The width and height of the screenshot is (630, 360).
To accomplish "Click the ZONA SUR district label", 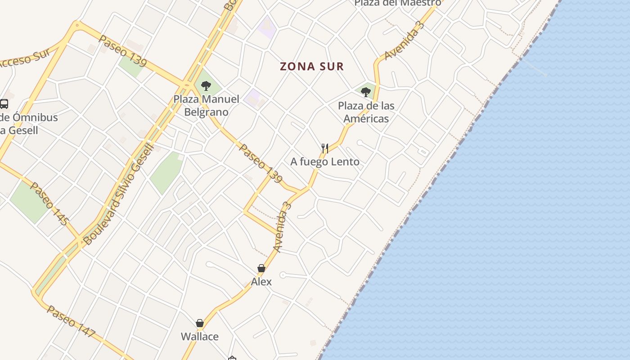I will click(312, 67).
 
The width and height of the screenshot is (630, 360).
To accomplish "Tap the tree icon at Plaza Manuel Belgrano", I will click(206, 85).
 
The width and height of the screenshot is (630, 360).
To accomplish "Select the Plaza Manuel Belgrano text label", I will click(207, 105).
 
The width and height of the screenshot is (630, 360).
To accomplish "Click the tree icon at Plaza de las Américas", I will click(366, 92).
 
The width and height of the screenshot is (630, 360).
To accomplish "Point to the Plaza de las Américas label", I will click(366, 112).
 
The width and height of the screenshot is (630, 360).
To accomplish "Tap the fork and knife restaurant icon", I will click(325, 148).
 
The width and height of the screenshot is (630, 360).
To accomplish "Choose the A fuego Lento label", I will click(325, 162).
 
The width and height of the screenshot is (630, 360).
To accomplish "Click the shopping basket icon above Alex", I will click(261, 268).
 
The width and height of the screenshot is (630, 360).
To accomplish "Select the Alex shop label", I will click(261, 282).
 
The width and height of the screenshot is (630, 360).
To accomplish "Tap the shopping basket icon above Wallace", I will click(200, 323).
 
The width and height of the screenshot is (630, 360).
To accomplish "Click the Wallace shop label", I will click(200, 337).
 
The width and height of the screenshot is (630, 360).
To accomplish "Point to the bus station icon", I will click(4, 104).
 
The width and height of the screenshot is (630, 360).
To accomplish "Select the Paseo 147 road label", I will click(71, 321).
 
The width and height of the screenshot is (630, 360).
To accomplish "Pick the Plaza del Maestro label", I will click(397, 3).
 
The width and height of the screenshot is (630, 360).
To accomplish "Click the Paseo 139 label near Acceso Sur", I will click(122, 51).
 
